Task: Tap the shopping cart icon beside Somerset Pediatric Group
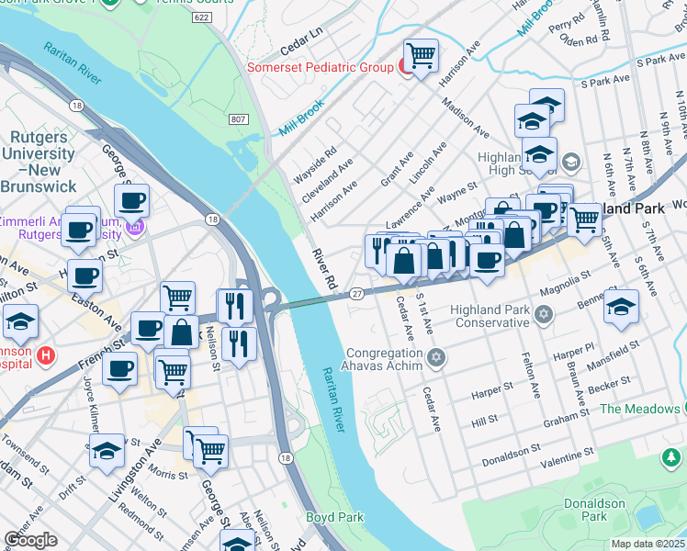[421, 56]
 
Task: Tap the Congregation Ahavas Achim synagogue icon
[436, 357]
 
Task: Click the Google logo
[30, 540]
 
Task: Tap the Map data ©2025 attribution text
[648, 544]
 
